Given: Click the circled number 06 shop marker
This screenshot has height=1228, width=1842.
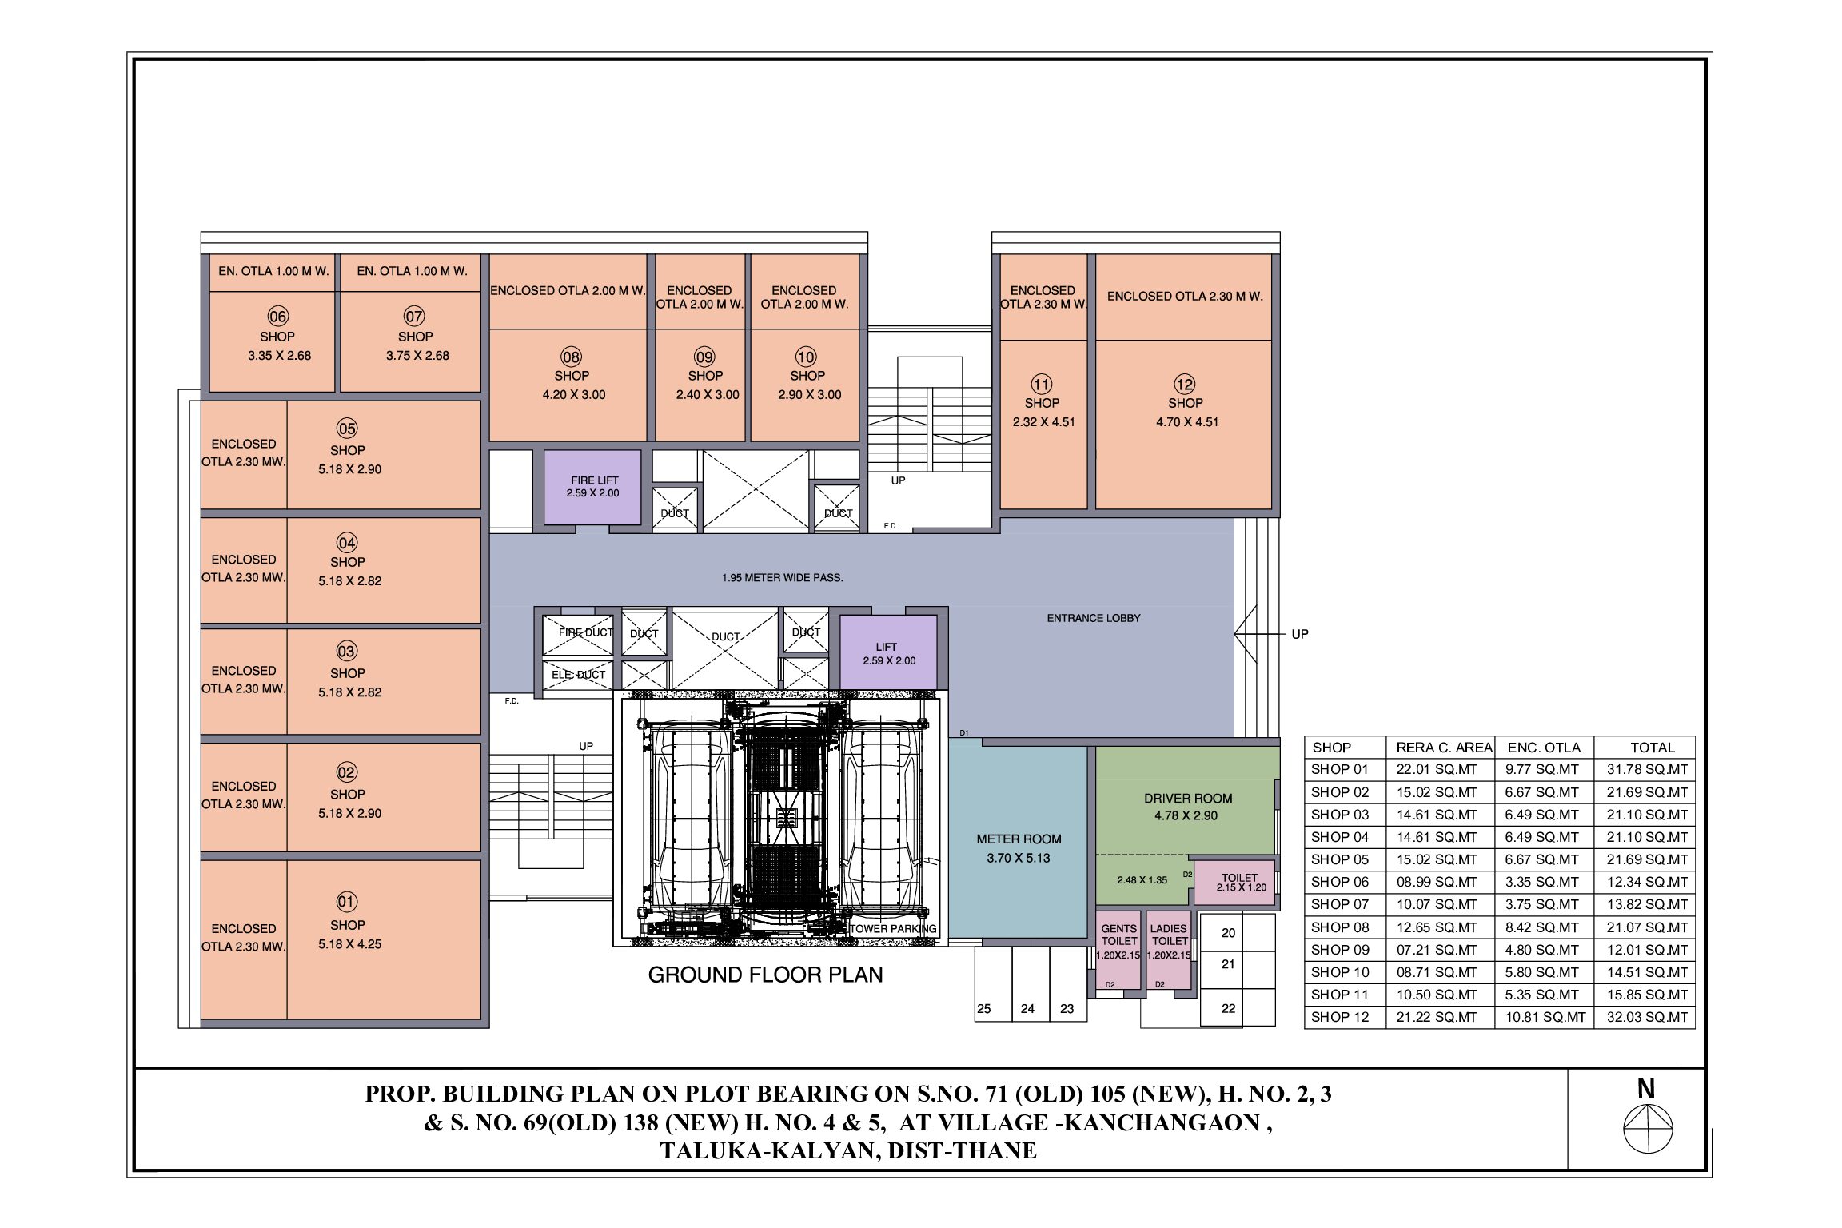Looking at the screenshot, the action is pyautogui.click(x=277, y=317).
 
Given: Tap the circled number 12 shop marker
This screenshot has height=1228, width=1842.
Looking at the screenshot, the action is pyautogui.click(x=1184, y=384).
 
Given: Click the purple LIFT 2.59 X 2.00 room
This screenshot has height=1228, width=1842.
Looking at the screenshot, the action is pyautogui.click(x=888, y=652).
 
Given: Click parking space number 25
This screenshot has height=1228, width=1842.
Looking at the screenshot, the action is pyautogui.click(x=993, y=984).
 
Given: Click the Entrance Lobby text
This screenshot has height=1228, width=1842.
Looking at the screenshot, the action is pyautogui.click(x=1094, y=618).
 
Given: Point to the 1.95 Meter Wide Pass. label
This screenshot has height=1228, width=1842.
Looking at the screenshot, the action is pyautogui.click(x=782, y=577).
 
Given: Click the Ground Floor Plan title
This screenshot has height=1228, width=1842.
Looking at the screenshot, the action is pyautogui.click(x=765, y=975).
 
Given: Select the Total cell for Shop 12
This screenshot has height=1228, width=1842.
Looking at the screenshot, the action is pyautogui.click(x=1647, y=1017).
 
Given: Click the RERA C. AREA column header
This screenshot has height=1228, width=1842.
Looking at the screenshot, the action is pyautogui.click(x=1444, y=748).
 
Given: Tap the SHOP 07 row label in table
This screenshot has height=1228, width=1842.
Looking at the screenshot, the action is pyautogui.click(x=1340, y=905).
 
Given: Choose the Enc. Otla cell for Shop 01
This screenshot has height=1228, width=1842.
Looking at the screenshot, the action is pyautogui.click(x=1543, y=770).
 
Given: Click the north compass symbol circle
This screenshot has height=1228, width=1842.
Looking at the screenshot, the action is pyautogui.click(x=1648, y=1129).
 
